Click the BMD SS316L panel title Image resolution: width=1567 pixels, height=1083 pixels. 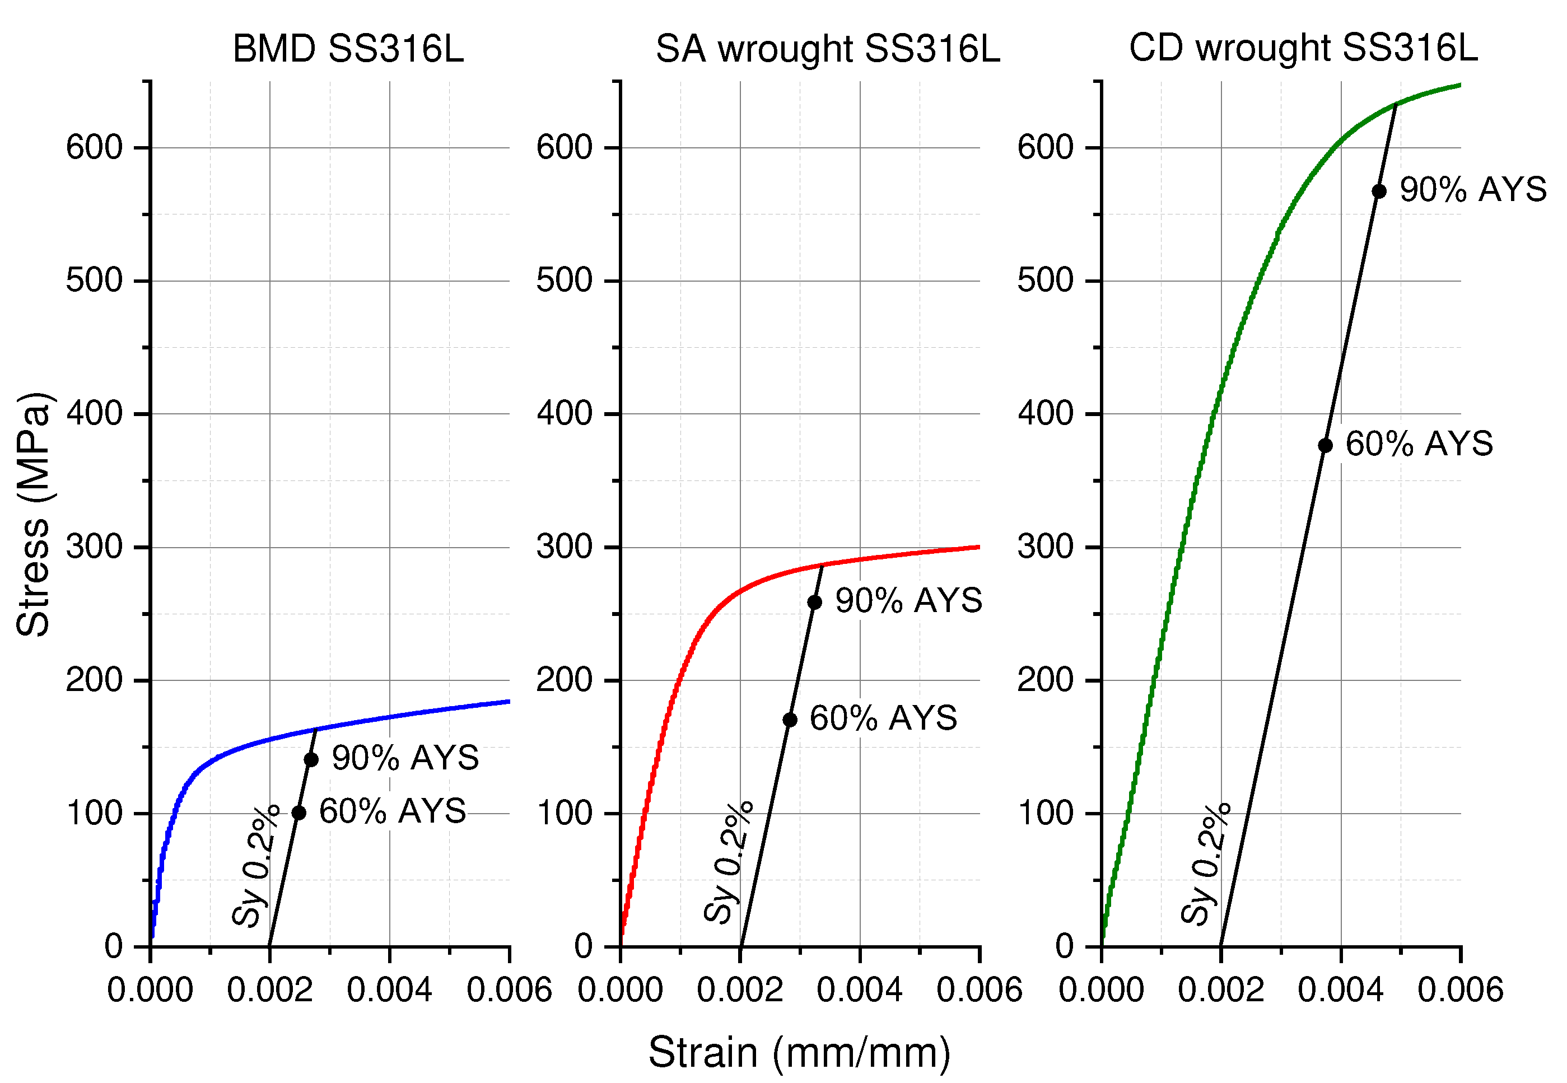tap(348, 49)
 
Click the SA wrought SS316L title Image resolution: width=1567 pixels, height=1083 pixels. tap(827, 49)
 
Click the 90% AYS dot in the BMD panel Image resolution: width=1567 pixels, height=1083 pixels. tap(311, 759)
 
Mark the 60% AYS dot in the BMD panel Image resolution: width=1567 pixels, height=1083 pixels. tap(299, 813)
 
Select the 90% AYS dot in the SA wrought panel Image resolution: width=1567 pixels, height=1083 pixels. tap(814, 602)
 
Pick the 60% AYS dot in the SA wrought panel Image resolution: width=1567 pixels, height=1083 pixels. tap(790, 720)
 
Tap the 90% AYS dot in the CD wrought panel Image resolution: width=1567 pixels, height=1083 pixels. tap(1379, 192)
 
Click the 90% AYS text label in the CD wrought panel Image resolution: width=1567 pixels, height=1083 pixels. tap(1473, 189)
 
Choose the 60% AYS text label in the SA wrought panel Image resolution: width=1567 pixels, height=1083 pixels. tap(883, 718)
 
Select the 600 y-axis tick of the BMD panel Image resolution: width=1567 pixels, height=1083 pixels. tap(94, 147)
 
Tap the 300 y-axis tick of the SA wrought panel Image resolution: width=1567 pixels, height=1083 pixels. tap(564, 547)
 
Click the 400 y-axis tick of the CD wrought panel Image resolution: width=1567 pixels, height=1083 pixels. tap(1045, 413)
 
